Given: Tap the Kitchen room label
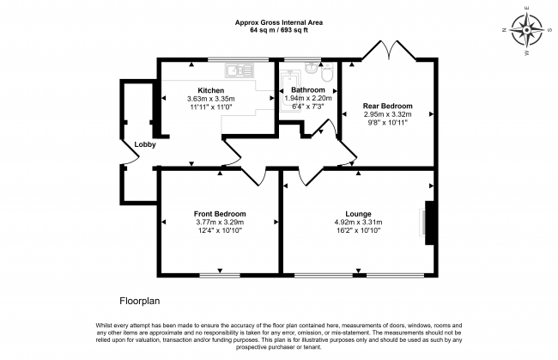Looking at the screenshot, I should tap(210, 90).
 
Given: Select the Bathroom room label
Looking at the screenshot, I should tap(307, 90).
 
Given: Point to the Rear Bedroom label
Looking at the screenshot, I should tap(387, 106).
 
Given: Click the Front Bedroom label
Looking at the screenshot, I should tap(220, 214).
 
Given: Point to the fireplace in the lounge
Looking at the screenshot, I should tap(428, 223).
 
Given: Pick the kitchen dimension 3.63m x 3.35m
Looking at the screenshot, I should tap(210, 99).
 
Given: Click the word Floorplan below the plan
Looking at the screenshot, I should tap(139, 302).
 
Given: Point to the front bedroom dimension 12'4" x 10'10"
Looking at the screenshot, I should tap(220, 231).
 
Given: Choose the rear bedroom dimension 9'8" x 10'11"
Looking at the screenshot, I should tap(387, 123).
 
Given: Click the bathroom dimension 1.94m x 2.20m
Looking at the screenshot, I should tap(307, 99).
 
